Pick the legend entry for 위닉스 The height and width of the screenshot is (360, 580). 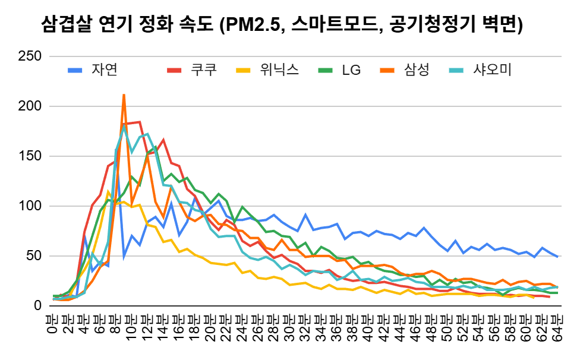click(x=279, y=70)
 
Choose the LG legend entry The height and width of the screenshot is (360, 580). click(x=351, y=70)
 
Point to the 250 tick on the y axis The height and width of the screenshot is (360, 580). click(x=30, y=56)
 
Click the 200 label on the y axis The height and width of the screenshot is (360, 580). click(x=30, y=106)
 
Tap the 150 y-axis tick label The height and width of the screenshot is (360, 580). click(x=30, y=156)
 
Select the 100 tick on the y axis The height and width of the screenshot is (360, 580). click(x=30, y=206)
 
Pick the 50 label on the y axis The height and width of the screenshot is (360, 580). click(x=34, y=256)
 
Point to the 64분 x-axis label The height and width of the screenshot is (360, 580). click(x=557, y=326)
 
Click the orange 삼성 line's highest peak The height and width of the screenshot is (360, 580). click(x=124, y=94)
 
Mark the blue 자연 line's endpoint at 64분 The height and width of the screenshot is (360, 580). click(x=557, y=257)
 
